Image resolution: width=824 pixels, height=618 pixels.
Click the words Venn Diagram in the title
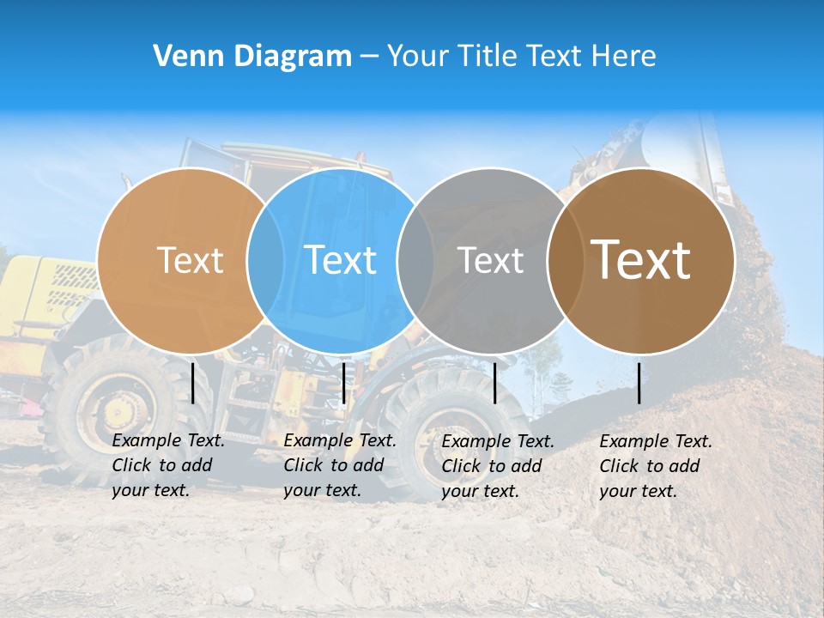point(252,57)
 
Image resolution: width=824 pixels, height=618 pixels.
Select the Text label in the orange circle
point(190,260)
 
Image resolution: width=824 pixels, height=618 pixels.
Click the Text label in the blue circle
point(340,260)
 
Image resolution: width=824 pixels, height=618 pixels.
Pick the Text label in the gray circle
point(490,260)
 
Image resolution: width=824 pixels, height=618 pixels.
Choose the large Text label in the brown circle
point(641,260)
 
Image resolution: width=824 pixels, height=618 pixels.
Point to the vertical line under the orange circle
point(193,383)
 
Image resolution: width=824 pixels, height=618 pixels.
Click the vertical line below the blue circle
point(343,383)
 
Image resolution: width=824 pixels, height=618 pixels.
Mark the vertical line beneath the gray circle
point(495,383)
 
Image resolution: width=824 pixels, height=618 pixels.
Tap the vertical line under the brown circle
point(639,383)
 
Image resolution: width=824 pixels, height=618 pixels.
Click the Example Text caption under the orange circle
point(168,465)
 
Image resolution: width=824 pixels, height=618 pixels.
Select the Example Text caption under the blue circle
point(340,465)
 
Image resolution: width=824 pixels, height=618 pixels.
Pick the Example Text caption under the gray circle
point(498,466)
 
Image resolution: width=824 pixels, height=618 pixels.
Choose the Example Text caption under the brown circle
point(656,466)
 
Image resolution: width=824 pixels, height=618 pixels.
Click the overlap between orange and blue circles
point(265,260)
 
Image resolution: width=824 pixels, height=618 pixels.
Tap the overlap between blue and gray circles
point(415,260)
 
